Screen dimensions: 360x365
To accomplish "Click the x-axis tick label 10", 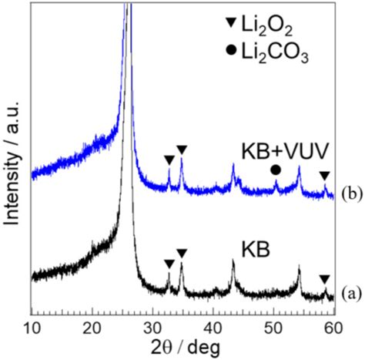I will (x=32, y=326).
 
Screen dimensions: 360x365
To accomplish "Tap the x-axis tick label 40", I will (x=213, y=326).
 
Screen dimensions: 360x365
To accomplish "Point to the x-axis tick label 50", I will (x=273, y=326).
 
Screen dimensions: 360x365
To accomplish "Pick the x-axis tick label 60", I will (x=333, y=326).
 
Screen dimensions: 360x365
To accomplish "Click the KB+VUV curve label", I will (x=263, y=148).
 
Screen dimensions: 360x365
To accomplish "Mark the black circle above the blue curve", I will (x=276, y=170).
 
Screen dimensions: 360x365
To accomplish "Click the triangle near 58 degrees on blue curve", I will (x=324, y=176).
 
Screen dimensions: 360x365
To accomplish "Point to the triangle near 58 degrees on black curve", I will (x=324, y=279).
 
